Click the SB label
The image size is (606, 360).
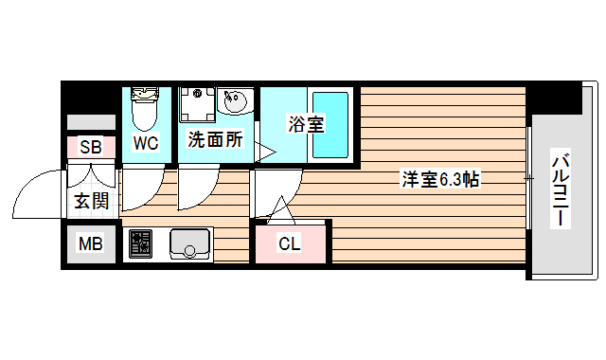coord(91,147)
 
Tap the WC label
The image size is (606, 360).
coord(145,144)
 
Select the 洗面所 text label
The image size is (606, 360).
coord(215,140)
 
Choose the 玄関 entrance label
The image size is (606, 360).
coord(92,201)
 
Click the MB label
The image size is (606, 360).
coord(90,244)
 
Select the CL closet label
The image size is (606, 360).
coord(289,244)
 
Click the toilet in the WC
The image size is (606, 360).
coord(145,109)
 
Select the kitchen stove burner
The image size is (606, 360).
coord(141,244)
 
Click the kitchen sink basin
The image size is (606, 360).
coord(191,244)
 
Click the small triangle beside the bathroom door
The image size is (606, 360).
coord(266,150)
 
